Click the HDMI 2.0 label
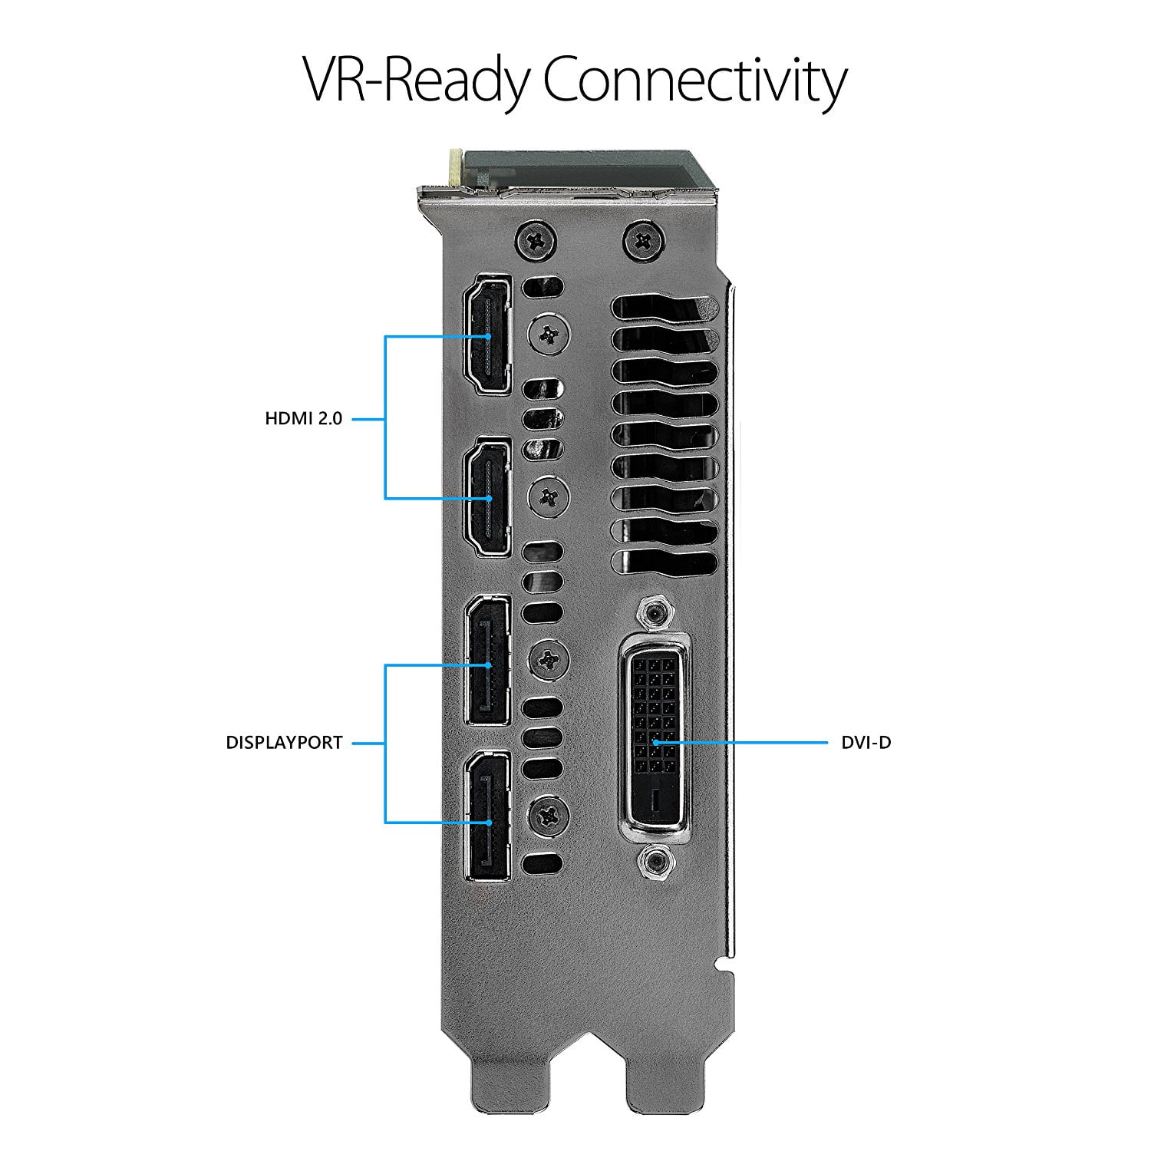pos(304,419)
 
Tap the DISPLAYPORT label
pos(284,743)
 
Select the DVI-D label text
pos(866,743)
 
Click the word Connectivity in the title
pos(695,80)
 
